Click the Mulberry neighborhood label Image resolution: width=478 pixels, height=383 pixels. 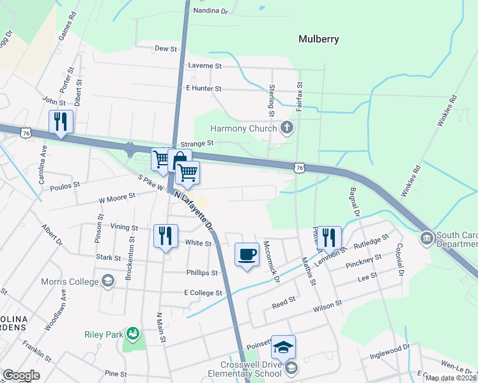coord(318,39)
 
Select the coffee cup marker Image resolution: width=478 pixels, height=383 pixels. coord(247,255)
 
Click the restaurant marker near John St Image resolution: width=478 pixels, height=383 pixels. coord(61,122)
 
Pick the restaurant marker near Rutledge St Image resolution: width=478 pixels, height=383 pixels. coord(328,237)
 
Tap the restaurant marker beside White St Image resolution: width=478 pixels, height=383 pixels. coord(166,236)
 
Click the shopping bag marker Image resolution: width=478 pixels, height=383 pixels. coord(180,160)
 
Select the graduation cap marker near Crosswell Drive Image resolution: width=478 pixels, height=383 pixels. coord(283,347)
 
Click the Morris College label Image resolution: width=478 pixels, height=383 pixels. coord(72,282)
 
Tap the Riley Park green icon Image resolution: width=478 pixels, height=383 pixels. coord(133,333)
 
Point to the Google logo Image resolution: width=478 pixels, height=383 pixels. coord(22,375)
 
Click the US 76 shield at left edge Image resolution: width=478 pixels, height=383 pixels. coord(26,132)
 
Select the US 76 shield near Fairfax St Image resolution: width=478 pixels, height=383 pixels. coord(299,167)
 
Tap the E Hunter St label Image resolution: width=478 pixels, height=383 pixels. coord(203,89)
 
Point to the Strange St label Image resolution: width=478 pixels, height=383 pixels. coord(196,145)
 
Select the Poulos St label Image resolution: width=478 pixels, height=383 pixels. coord(66,184)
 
